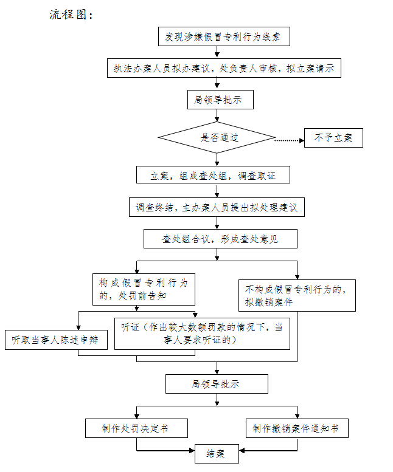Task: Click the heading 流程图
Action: (x=71, y=15)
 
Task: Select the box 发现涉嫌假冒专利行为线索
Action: (x=224, y=36)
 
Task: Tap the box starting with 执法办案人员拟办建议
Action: (x=224, y=68)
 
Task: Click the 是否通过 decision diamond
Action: (x=217, y=137)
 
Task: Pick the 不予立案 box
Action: (x=333, y=138)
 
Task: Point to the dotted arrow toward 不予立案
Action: (x=290, y=140)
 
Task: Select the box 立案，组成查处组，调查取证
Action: (x=213, y=174)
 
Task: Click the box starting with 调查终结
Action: (x=217, y=207)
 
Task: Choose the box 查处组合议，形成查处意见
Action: (x=220, y=239)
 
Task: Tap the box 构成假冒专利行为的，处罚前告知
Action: (x=144, y=289)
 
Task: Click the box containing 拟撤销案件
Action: (x=297, y=295)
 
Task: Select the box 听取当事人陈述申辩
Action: (x=56, y=340)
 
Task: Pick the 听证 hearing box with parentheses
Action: (x=202, y=333)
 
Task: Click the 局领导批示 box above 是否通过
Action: (x=220, y=100)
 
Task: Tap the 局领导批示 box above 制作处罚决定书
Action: (x=217, y=384)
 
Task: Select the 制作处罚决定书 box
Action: (x=136, y=428)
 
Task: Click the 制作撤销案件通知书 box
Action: (x=297, y=428)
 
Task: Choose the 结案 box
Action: (x=217, y=454)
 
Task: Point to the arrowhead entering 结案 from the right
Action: (x=242, y=451)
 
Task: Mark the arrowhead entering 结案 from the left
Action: (x=192, y=451)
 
